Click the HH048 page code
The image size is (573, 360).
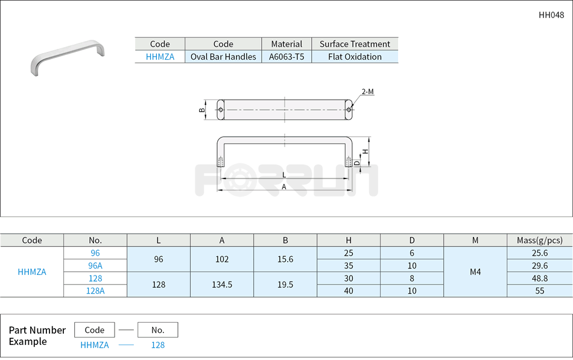point(551,15)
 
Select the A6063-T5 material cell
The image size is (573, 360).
point(286,57)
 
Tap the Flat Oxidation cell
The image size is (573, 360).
point(355,57)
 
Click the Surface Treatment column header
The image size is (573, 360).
point(355,44)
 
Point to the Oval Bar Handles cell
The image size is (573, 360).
point(223,57)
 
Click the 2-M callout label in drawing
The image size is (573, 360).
point(367,92)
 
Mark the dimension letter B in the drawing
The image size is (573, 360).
point(201,110)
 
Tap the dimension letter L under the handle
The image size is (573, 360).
point(284,175)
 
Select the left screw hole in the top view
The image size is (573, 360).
point(221,110)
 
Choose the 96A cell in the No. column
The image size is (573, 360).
point(95,265)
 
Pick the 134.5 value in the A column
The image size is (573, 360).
point(222,284)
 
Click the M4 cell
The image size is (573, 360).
point(475,271)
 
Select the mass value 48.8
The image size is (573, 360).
point(539,278)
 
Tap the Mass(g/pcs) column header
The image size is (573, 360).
point(539,240)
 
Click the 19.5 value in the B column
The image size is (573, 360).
point(285,284)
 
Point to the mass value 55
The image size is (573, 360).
point(539,291)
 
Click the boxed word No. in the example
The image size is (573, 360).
point(157,330)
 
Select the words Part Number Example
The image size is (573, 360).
point(37,336)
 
